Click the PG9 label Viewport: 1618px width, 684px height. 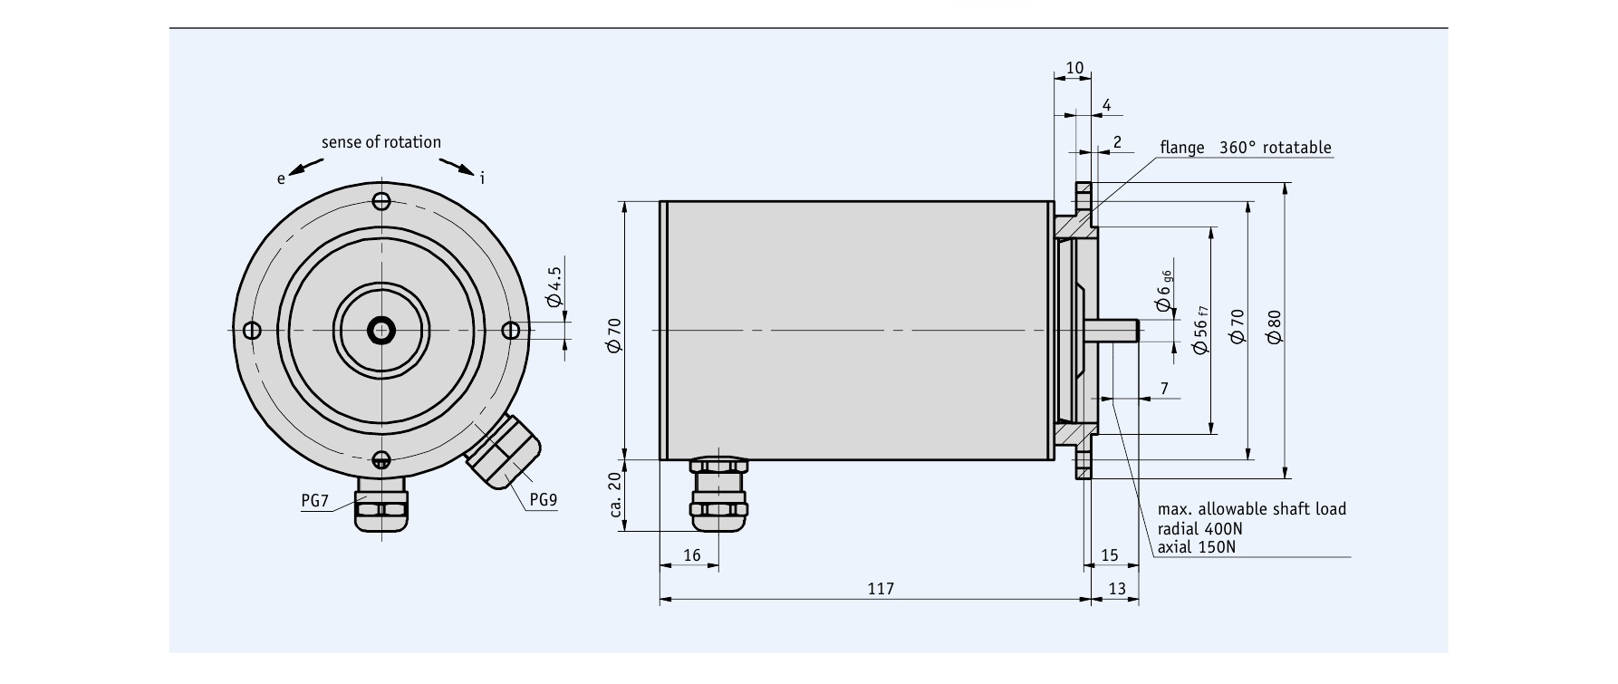point(543,499)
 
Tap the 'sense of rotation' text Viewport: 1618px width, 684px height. point(380,142)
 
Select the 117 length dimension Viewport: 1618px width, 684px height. point(880,589)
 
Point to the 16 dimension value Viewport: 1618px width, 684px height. point(691,555)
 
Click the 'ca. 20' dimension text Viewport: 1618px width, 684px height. point(615,500)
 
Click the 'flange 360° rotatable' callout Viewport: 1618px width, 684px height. point(1245,148)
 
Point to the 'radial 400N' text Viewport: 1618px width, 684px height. point(1199,528)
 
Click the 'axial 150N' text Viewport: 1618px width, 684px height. point(1196,547)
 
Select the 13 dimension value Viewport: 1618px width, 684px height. point(1116,589)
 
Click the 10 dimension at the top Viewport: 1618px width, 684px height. point(1074,68)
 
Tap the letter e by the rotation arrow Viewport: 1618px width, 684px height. point(281,178)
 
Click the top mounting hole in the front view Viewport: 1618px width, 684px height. point(381,201)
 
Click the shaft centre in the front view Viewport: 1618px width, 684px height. point(381,330)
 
